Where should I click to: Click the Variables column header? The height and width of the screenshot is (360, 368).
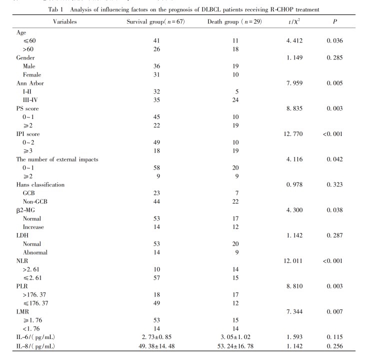(x=66, y=21)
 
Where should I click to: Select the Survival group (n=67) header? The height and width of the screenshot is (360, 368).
(x=155, y=21)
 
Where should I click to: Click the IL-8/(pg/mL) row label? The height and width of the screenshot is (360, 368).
(x=36, y=346)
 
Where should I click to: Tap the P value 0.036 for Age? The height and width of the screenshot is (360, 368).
(x=333, y=40)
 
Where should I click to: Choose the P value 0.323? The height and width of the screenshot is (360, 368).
(x=333, y=184)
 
